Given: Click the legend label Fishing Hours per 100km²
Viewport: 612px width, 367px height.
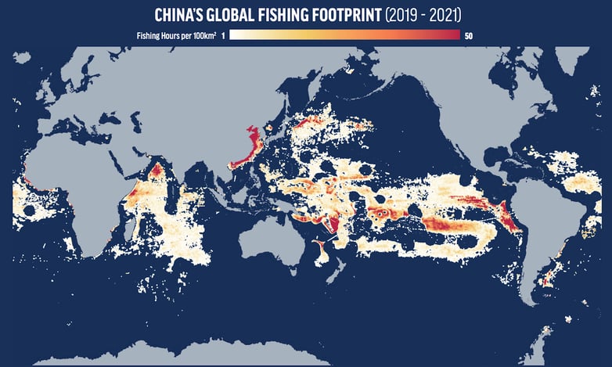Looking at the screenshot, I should point(182,35).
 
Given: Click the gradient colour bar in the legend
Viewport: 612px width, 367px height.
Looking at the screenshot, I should point(344,35).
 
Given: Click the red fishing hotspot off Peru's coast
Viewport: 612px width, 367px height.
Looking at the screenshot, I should point(509,219).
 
